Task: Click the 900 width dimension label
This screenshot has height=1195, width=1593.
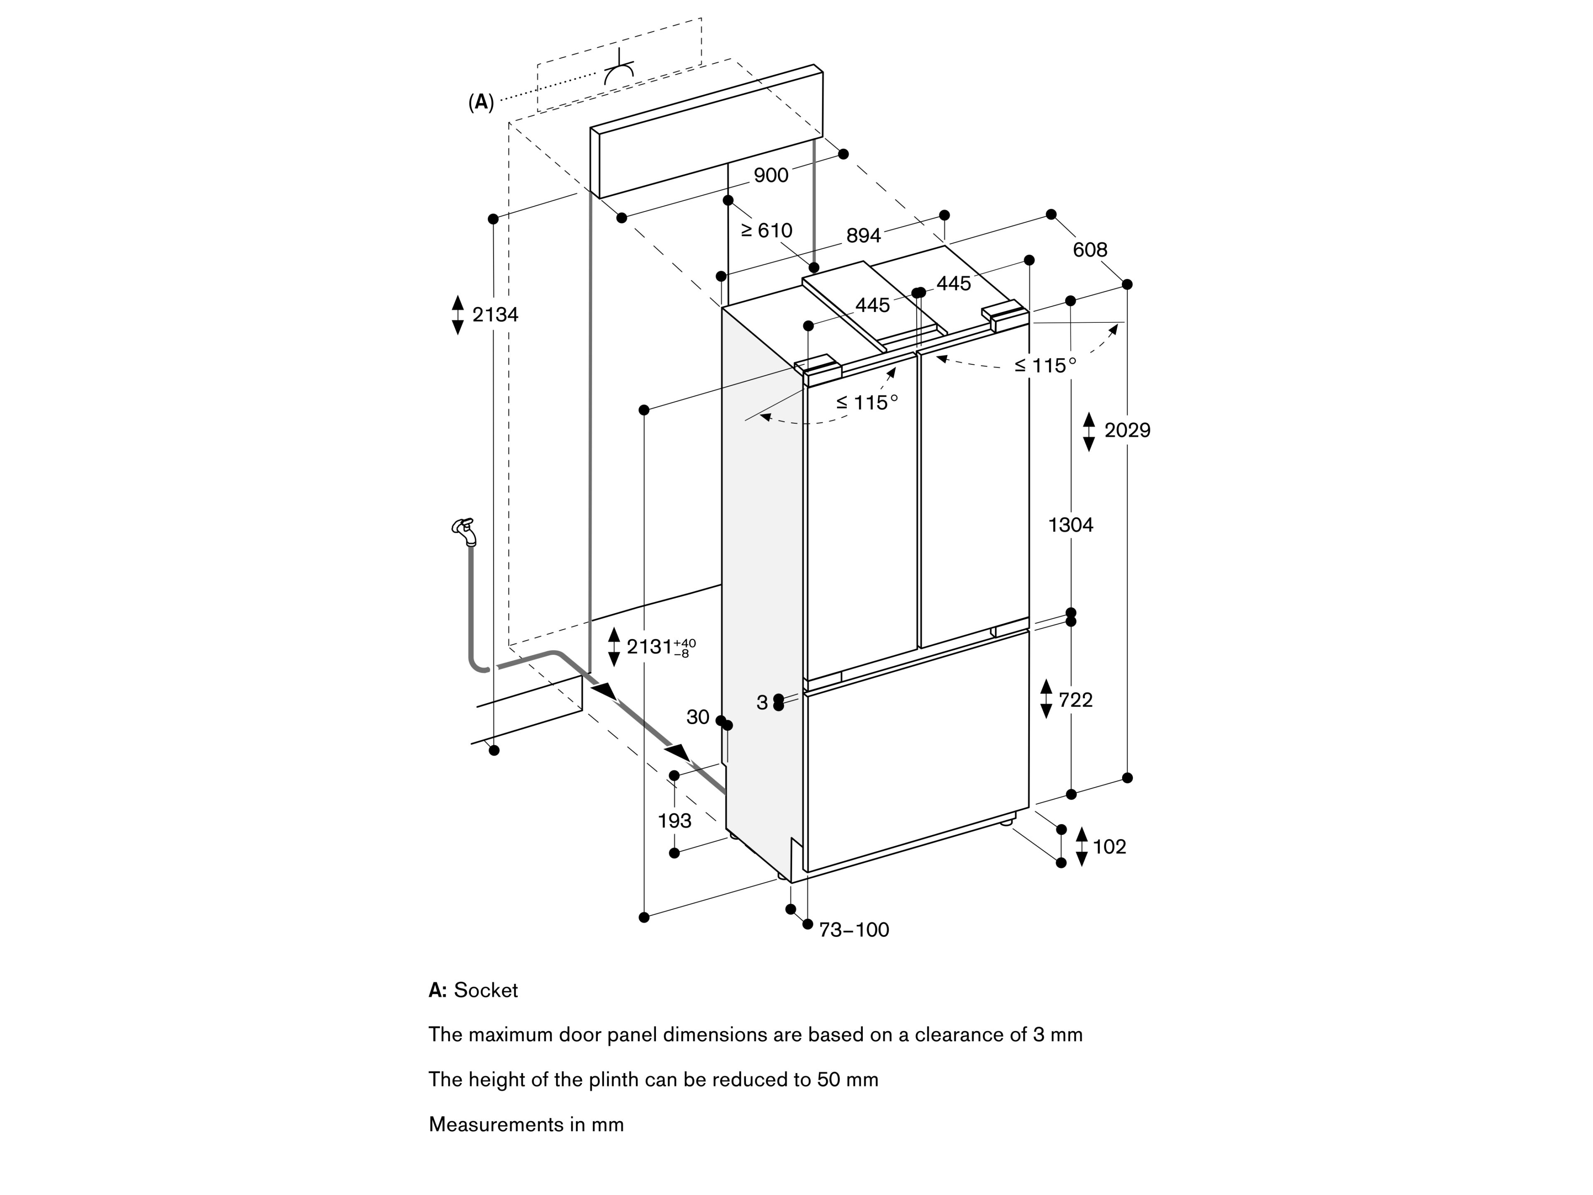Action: coord(771,175)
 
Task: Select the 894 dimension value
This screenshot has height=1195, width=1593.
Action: coord(863,236)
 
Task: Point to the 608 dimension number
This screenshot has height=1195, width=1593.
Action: coord(1090,250)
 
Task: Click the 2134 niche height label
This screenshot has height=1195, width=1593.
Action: coord(495,315)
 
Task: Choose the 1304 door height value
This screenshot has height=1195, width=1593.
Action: coord(1070,525)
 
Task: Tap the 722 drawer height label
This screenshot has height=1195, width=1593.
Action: coord(1075,700)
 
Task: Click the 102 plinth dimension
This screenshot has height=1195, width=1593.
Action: coord(1109,847)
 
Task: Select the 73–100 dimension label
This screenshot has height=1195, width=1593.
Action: coord(854,930)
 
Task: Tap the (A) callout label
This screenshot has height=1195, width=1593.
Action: coord(481,103)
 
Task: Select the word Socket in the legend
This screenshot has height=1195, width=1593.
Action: coord(485,990)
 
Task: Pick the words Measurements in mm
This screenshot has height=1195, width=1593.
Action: coord(526,1124)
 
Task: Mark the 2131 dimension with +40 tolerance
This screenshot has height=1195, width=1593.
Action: coord(660,647)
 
